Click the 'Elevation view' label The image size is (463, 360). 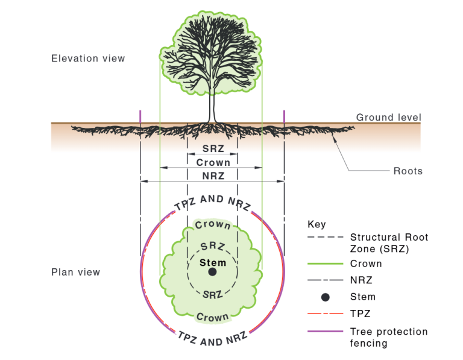(88, 58)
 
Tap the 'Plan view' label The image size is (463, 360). (75, 272)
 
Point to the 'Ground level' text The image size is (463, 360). (388, 118)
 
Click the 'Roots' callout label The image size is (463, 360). (408, 171)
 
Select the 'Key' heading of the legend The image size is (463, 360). (317, 224)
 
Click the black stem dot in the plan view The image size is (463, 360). (212, 272)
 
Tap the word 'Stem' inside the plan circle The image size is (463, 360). (213, 262)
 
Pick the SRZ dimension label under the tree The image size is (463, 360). (213, 149)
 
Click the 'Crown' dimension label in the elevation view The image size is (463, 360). (213, 162)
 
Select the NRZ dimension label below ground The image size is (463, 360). (213, 176)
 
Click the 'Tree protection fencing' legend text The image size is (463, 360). (388, 338)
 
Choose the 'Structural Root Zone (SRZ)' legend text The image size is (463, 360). (389, 243)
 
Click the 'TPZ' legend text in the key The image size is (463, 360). (360, 313)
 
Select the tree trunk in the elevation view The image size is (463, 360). (212, 109)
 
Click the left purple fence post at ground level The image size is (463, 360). (140, 117)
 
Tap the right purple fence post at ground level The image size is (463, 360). (284, 117)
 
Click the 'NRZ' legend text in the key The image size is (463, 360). (361, 280)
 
